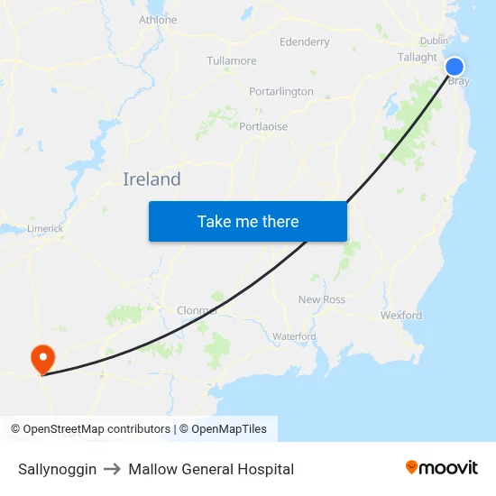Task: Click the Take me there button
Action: [x=248, y=221]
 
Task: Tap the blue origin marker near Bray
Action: [x=455, y=66]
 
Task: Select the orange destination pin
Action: [x=42, y=359]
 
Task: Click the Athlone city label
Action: [x=158, y=20]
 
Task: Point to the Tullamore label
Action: [x=232, y=61]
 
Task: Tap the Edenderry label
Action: [x=305, y=41]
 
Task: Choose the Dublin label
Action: [x=434, y=41]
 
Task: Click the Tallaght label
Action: [x=418, y=57]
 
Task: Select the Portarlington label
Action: [x=281, y=92]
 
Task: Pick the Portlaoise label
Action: [x=263, y=126]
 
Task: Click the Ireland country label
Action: [x=152, y=179]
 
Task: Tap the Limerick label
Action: [x=45, y=229]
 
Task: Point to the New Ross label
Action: [x=321, y=299]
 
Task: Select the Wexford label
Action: [x=401, y=316]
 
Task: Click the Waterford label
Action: [x=294, y=336]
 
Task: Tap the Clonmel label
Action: [x=197, y=310]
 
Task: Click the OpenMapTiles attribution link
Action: [x=229, y=429]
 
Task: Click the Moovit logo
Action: [x=441, y=468]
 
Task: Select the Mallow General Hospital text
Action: [x=211, y=469]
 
